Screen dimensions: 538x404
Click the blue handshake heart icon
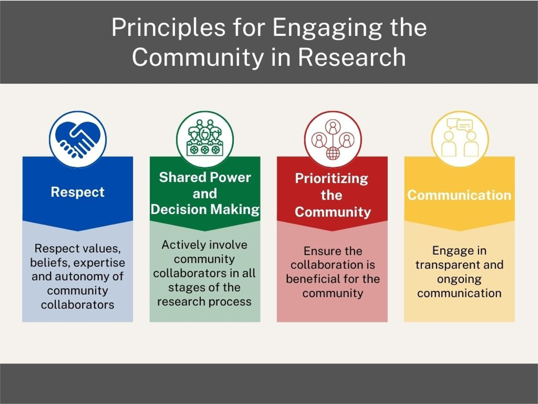click(78, 139)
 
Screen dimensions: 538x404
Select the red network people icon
click(333, 139)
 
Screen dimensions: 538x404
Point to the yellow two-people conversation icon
click(460, 139)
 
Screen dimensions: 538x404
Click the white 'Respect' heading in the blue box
click(77, 192)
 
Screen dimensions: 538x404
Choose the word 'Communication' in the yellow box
click(460, 195)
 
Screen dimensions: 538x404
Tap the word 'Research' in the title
click(352, 57)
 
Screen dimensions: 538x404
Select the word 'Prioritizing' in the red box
click(332, 179)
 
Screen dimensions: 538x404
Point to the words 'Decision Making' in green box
click(205, 209)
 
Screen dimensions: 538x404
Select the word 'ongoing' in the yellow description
click(460, 279)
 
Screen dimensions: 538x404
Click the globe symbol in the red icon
click(333, 153)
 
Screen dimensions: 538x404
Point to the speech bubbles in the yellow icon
click(460, 125)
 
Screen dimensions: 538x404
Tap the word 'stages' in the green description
click(185, 288)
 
